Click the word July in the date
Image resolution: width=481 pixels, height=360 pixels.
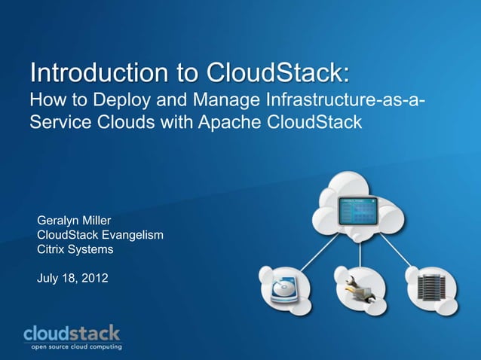click(49, 279)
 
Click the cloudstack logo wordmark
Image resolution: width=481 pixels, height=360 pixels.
click(72, 332)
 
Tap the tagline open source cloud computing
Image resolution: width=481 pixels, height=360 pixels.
click(75, 346)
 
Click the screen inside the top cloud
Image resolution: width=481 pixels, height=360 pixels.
click(357, 211)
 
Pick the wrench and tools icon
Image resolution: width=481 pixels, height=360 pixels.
click(358, 289)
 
